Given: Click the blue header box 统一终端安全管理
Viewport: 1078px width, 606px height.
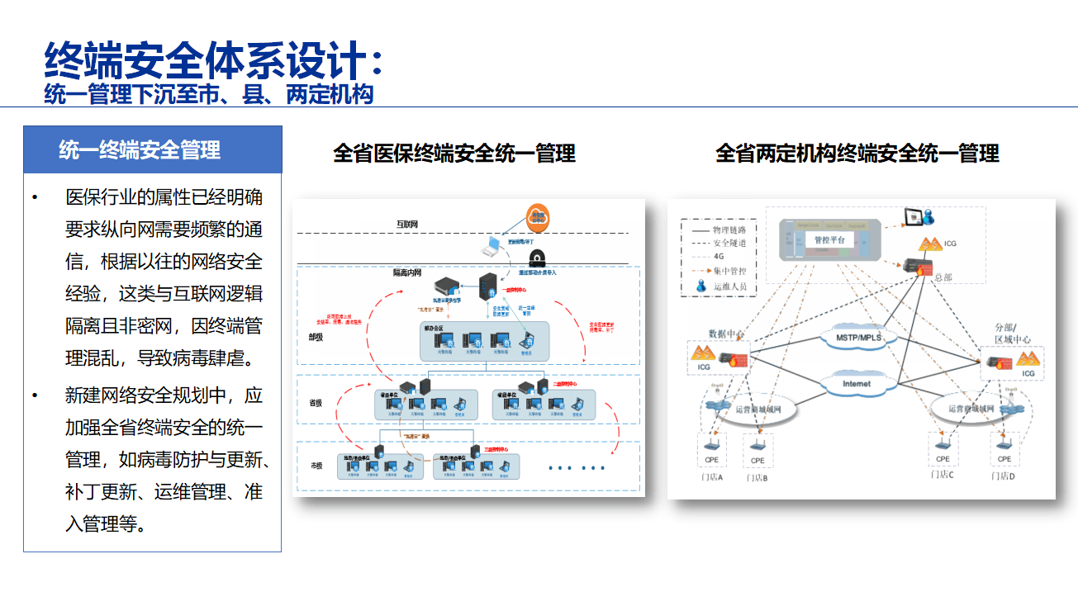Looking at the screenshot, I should pyautogui.click(x=152, y=149).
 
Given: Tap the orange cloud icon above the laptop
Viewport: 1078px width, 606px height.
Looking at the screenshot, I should pyautogui.click(x=538, y=219).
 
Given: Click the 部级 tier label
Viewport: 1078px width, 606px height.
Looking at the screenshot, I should pyautogui.click(x=316, y=336).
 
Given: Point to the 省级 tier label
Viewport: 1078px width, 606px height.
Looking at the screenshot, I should pyautogui.click(x=316, y=402).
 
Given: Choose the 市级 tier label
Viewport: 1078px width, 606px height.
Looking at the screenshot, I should pyautogui.click(x=316, y=466).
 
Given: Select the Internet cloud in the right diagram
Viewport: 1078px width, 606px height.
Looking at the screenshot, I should pyautogui.click(x=857, y=384).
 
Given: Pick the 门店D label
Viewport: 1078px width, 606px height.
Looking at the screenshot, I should pyautogui.click(x=1004, y=476).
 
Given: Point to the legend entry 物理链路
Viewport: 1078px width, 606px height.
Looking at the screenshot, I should pyautogui.click(x=730, y=230).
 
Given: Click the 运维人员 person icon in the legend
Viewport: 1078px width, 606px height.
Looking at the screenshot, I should pyautogui.click(x=700, y=286).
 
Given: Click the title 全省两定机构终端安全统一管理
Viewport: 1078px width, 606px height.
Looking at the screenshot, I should pyautogui.click(x=857, y=153).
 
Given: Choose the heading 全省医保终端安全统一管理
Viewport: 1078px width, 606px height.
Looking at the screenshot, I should pyautogui.click(x=454, y=153).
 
